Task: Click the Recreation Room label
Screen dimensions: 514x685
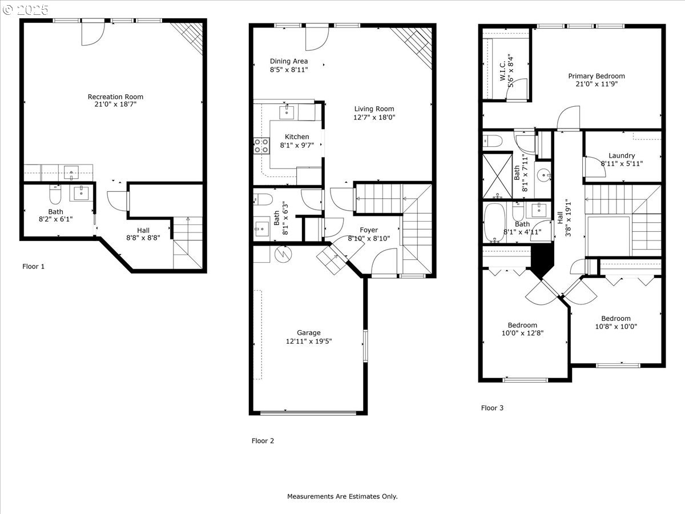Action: (115, 97)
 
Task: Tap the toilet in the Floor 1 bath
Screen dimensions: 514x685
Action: (55, 195)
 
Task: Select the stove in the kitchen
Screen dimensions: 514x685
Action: (261, 146)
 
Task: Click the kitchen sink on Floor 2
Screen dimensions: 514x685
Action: (287, 111)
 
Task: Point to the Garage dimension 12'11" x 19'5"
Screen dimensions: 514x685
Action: (309, 342)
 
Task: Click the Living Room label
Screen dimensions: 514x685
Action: (374, 109)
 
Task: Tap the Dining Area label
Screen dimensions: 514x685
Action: (289, 61)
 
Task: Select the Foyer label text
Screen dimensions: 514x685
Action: (368, 230)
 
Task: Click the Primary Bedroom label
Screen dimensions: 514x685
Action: (596, 76)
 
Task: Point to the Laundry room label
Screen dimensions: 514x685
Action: (622, 155)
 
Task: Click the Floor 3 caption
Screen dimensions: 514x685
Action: (492, 408)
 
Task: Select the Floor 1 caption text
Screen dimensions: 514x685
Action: (33, 266)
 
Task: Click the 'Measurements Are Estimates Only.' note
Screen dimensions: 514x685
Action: (342, 496)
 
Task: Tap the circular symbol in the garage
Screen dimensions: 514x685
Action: (283, 254)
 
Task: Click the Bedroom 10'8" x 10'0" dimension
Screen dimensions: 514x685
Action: (615, 327)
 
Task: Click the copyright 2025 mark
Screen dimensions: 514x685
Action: (25, 10)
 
